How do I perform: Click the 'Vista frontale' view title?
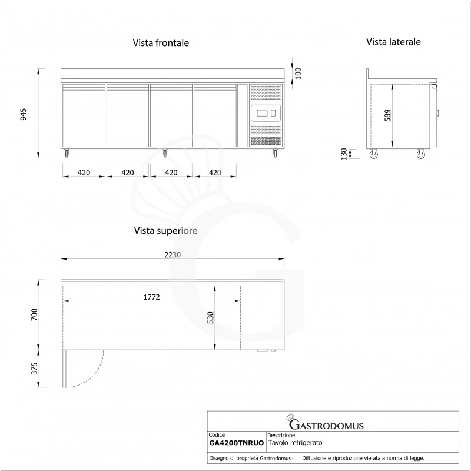(x=161, y=43)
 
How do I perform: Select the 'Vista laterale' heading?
(x=393, y=42)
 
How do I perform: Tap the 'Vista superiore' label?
(x=165, y=230)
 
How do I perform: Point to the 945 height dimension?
(x=24, y=114)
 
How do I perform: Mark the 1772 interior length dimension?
(x=151, y=297)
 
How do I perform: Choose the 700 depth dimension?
(x=34, y=314)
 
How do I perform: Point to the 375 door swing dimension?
(x=34, y=369)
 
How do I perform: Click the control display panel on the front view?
(x=266, y=112)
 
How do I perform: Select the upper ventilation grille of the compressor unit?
(x=266, y=92)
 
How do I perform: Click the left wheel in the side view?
(x=374, y=155)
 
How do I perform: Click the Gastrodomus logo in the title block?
(x=325, y=424)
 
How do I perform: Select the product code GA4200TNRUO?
(x=236, y=443)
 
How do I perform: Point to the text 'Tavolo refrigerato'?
(x=295, y=443)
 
